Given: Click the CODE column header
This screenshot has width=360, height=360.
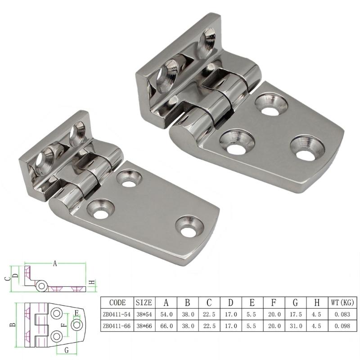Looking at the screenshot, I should point(117,302).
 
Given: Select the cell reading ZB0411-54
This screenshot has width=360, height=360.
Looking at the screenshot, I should point(117,315).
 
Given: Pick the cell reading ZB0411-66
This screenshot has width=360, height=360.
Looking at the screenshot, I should point(117,326).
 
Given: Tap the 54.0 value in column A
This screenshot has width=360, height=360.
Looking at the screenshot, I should point(166,315).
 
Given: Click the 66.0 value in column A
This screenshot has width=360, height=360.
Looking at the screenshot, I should point(166,326).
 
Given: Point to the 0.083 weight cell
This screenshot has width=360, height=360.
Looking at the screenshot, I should point(342,315).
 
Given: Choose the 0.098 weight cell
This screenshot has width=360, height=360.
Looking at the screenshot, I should point(342,326).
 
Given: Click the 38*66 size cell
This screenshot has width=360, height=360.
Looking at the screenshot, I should point(144,326).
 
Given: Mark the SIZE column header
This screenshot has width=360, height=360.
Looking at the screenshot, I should point(144,302).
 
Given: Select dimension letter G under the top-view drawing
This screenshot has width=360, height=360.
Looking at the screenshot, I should point(66,350).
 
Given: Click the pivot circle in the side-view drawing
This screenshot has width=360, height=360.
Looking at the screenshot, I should point(42,285).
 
